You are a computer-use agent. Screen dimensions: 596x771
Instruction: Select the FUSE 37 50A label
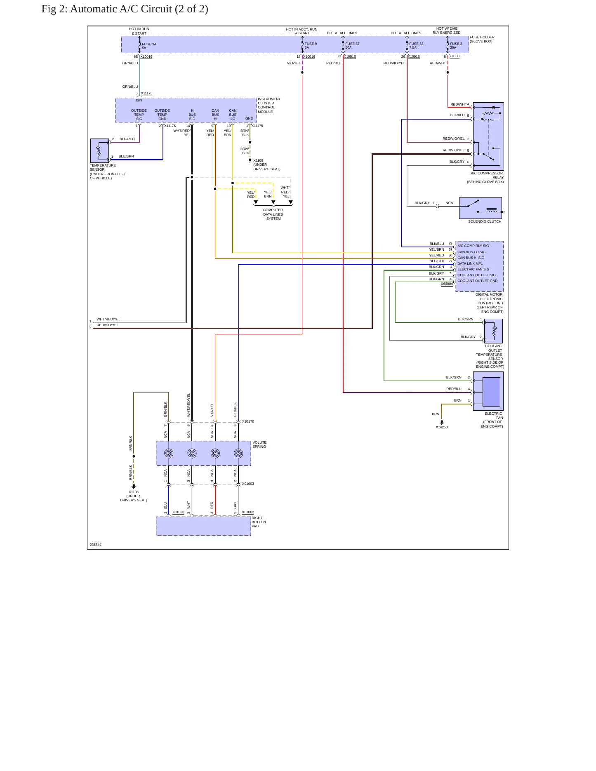tap(352, 46)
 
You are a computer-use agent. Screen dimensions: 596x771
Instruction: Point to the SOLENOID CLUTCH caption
tap(485, 221)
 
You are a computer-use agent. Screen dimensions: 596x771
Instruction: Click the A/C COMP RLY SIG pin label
tap(473, 246)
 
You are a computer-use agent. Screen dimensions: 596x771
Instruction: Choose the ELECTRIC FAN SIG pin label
tap(473, 269)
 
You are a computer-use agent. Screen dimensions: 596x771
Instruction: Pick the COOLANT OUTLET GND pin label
tap(477, 281)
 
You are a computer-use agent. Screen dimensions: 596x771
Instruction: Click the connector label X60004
tap(447, 284)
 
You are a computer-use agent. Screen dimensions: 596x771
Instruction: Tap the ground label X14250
tap(442, 427)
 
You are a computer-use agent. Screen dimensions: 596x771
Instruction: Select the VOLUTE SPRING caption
tap(259, 444)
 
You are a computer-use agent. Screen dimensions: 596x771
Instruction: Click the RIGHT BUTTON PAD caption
tap(259, 522)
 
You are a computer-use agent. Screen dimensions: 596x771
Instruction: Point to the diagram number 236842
tap(96, 545)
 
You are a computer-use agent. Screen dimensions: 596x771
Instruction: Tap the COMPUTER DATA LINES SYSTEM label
tap(273, 214)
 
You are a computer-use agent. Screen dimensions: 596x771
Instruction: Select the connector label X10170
tap(248, 421)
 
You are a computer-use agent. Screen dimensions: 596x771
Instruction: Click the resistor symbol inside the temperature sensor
tap(99, 152)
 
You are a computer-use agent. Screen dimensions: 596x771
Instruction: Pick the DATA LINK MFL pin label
tap(470, 263)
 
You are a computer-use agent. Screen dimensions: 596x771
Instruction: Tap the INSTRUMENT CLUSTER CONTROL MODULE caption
tap(269, 106)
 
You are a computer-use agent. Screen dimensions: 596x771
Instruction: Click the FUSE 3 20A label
tap(456, 46)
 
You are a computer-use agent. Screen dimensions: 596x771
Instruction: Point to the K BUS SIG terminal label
tap(192, 115)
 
